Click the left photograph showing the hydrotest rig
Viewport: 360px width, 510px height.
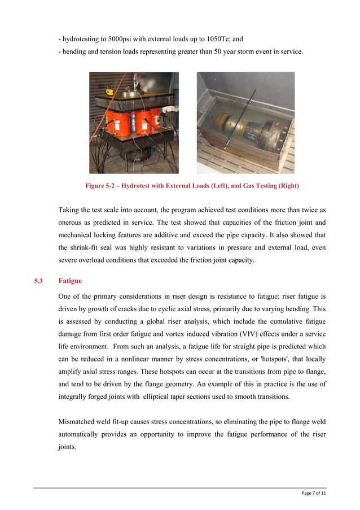(x=134, y=123)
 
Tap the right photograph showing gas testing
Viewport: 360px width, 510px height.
(x=245, y=123)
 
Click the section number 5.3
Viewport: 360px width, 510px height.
(x=39, y=281)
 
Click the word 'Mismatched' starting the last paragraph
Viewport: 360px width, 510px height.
(x=78, y=421)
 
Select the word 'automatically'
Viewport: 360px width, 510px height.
(x=80, y=434)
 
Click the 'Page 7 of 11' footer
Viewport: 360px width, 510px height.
(x=314, y=493)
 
